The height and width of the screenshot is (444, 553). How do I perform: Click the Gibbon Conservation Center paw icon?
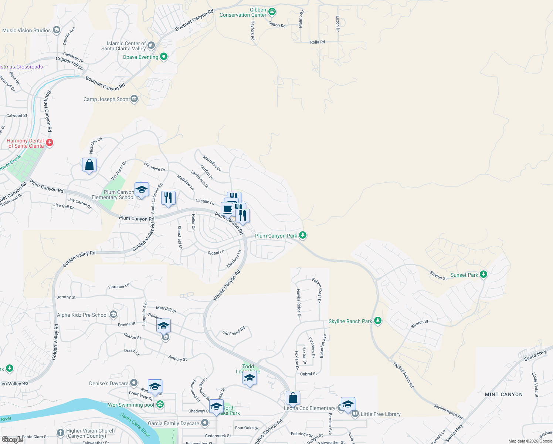point(272,12)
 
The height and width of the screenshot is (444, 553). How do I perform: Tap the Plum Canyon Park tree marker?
point(303,235)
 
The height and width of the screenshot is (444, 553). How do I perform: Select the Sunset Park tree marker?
point(484,275)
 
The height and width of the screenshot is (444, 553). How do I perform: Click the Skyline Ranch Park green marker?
point(378,321)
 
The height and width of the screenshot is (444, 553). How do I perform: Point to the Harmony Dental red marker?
point(50,143)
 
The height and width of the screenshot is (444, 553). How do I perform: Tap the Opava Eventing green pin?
point(164,57)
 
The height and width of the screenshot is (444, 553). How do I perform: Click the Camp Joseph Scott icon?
point(134,99)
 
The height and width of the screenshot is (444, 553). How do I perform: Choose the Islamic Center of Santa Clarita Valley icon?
point(151,46)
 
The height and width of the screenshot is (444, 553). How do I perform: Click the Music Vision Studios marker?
point(57,30)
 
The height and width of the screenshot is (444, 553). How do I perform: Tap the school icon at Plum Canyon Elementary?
point(142,190)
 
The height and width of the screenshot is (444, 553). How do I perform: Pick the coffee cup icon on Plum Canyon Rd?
point(228,209)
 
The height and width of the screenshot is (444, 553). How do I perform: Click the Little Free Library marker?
point(355,414)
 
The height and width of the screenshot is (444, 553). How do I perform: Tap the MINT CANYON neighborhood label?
point(504,394)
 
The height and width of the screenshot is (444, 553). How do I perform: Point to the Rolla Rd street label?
point(318,42)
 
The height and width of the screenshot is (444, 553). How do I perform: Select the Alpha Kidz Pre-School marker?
point(113,315)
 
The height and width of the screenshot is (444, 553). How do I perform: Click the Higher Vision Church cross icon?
point(61,433)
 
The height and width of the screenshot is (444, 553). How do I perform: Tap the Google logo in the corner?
point(13,440)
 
